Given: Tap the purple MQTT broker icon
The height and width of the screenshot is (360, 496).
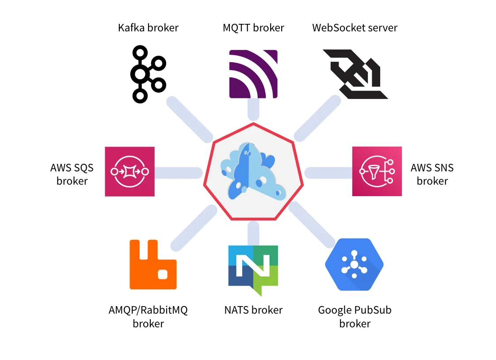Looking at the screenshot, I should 253,74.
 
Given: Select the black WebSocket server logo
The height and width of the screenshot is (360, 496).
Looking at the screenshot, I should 355,74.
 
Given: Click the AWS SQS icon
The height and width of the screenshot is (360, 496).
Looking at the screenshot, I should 130,171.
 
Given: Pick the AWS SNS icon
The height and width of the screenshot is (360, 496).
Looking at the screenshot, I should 377,171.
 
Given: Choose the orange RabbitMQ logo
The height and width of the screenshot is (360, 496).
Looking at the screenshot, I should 153,265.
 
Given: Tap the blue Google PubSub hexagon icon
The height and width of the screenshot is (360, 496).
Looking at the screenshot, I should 354,265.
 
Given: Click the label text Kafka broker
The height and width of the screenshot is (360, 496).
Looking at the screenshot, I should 148,28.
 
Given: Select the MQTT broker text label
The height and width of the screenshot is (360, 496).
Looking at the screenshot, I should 253,28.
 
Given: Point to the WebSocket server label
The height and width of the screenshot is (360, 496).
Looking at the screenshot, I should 355,28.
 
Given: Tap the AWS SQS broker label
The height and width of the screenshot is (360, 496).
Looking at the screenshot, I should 72,174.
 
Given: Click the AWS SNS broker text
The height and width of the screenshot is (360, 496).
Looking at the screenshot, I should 432,174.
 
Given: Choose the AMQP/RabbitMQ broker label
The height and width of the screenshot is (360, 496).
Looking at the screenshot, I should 148,317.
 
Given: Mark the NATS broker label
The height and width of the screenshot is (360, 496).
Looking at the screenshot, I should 253,310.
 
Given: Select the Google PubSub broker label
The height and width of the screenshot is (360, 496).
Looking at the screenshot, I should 355,317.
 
